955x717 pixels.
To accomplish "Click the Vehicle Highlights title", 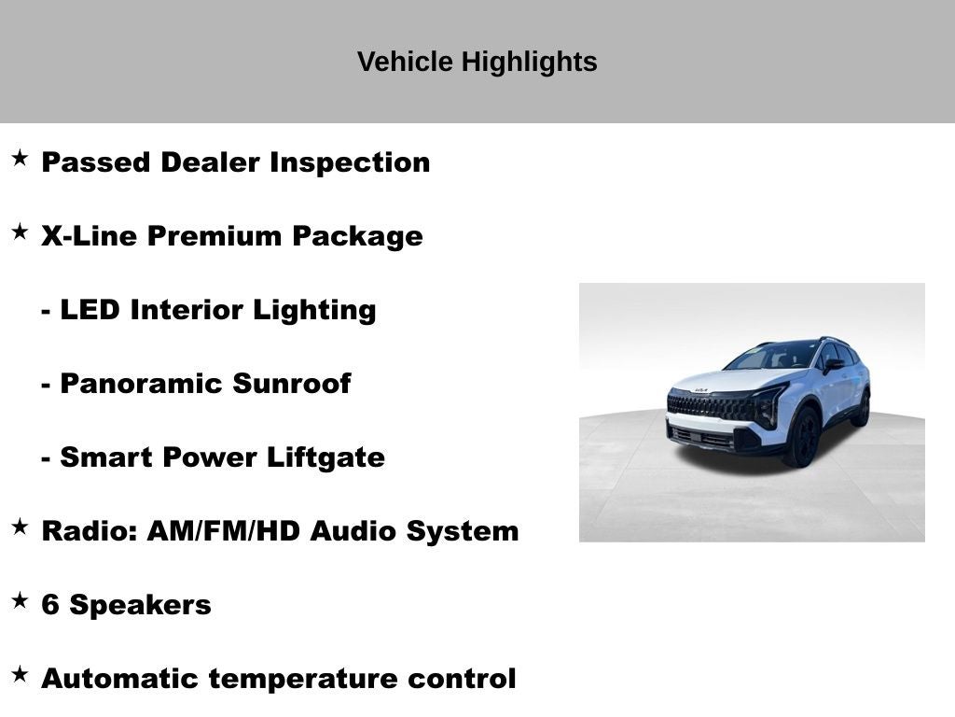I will [477, 62].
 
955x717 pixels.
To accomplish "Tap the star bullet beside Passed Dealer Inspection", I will [20, 159].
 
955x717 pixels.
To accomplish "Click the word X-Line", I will [90, 236].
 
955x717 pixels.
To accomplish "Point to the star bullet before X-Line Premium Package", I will [20, 232].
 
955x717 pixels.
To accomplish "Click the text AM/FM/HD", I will [224, 531].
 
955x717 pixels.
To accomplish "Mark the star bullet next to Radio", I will [20, 527].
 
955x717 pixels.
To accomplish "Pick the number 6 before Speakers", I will [50, 605].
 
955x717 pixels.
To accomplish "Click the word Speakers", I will [140, 605].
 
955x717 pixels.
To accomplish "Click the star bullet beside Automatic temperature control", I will [20, 675].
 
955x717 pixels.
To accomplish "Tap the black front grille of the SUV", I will [709, 407].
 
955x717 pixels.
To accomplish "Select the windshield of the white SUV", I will [773, 356].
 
